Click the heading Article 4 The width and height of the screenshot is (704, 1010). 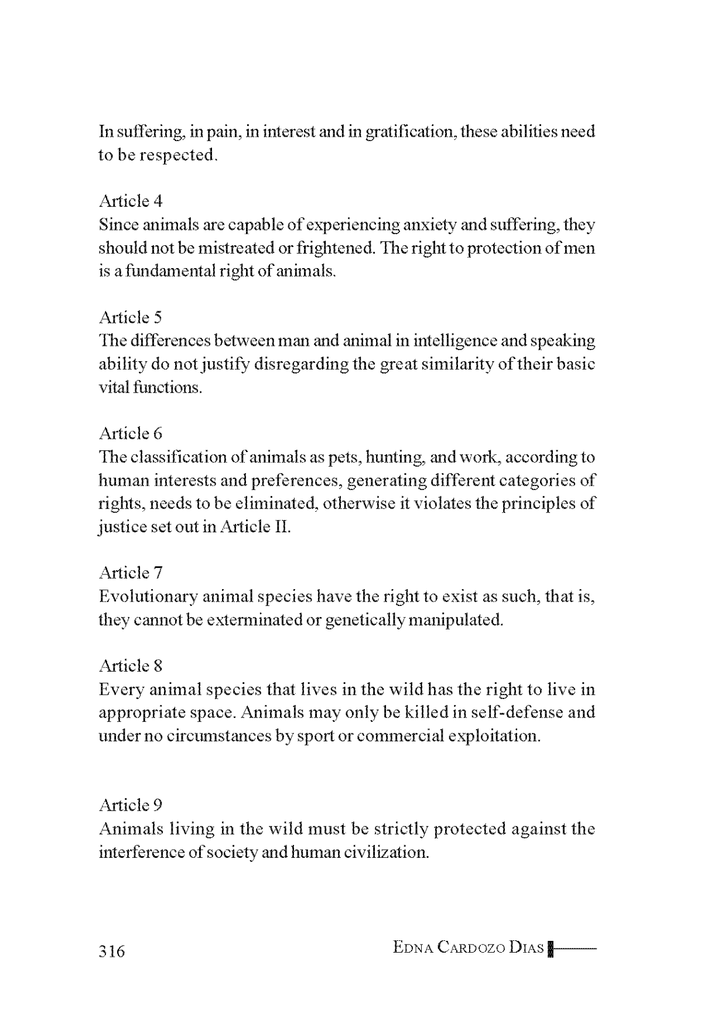[x=131, y=201]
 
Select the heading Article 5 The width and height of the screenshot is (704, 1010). [x=131, y=317]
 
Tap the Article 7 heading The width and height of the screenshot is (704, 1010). [x=131, y=573]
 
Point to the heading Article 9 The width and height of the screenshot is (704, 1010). [x=131, y=805]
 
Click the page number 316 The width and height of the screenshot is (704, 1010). [x=112, y=951]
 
